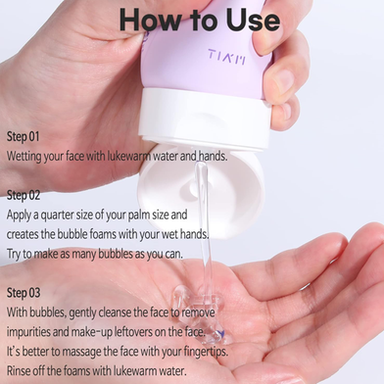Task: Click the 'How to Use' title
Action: coord(200,20)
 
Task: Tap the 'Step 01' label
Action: coord(24,136)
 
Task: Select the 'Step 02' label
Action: coord(24,195)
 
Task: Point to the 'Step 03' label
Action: coord(24,293)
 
